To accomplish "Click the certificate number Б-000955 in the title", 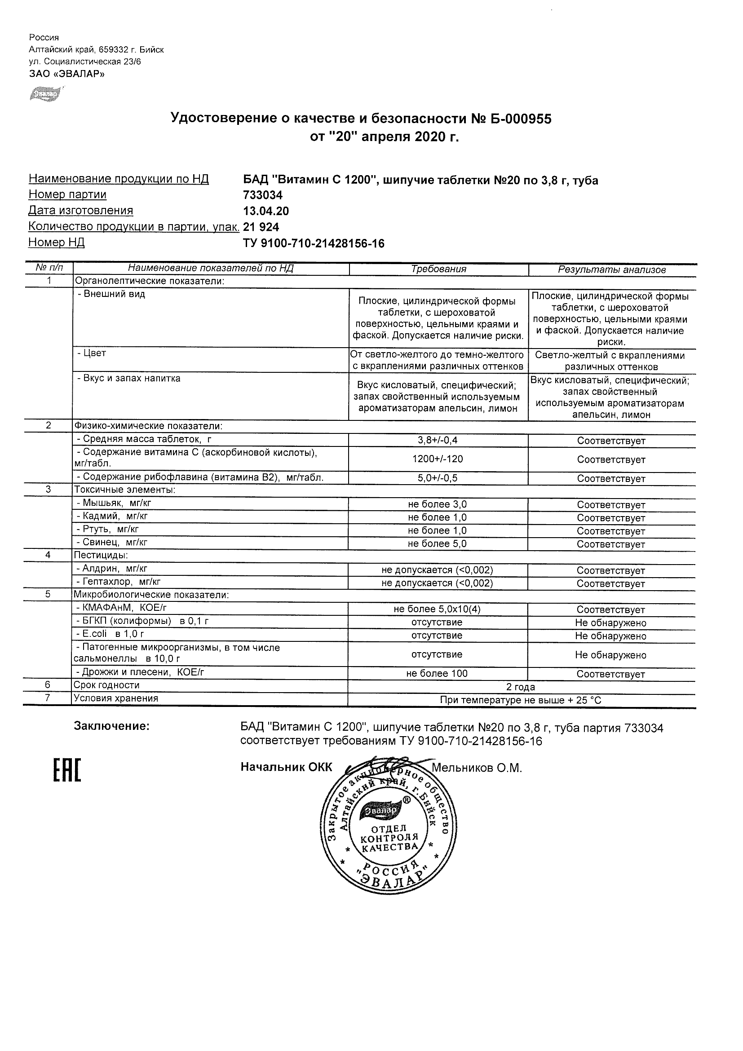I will (x=520, y=119).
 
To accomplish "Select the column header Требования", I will (x=438, y=269).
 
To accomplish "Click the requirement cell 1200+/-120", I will (x=437, y=459).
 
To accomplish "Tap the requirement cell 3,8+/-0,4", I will (x=437, y=440).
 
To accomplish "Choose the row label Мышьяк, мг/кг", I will (x=114, y=503).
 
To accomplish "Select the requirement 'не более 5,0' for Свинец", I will (x=437, y=544).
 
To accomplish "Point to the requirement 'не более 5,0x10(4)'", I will (x=437, y=609).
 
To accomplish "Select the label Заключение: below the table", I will (x=112, y=726).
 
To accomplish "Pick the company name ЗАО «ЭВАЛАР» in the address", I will (x=66, y=73).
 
